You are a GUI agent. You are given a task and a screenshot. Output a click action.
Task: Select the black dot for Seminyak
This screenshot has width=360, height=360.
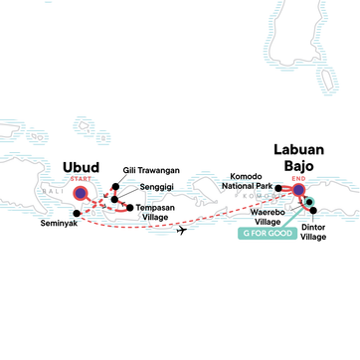coord(77,212)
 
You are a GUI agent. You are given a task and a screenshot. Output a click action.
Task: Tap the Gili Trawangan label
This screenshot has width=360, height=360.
coord(150,172)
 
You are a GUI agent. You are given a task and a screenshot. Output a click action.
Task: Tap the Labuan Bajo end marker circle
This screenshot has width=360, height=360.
coord(299,187)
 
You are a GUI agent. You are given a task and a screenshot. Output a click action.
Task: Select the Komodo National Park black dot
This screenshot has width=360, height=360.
coord(275,186)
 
